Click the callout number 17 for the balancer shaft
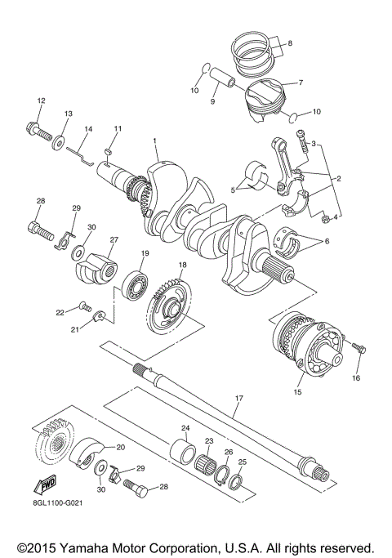pyautogui.click(x=238, y=399)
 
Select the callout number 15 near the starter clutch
pyautogui.click(x=297, y=392)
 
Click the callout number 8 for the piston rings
pyautogui.click(x=289, y=42)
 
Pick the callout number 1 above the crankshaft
pyautogui.click(x=154, y=141)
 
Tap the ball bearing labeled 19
pyautogui.click(x=134, y=283)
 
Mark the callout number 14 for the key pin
pyautogui.click(x=89, y=129)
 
